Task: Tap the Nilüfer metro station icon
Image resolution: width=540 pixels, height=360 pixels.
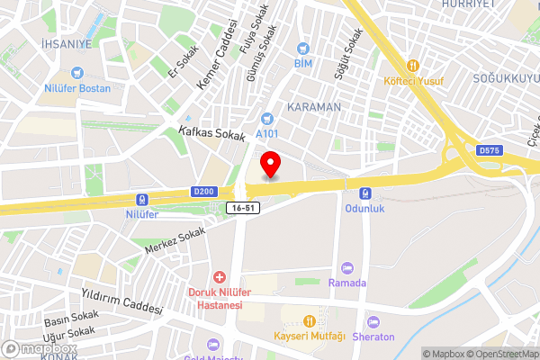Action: pos(140,200)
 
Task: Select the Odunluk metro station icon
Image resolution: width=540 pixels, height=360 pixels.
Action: pos(365,193)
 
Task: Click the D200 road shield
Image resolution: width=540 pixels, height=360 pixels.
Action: pos(203,190)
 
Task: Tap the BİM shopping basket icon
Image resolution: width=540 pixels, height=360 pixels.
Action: pos(303,47)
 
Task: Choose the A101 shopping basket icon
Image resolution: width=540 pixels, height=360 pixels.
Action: pos(266,118)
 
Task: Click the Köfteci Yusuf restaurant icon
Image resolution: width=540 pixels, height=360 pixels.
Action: pos(414,65)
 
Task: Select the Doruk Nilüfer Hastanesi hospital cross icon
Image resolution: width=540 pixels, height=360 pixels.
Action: pos(217,278)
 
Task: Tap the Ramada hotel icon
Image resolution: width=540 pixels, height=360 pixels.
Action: pos(346,267)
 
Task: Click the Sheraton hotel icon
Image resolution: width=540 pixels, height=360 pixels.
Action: pos(373,322)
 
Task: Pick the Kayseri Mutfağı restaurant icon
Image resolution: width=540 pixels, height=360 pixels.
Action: pos(310,320)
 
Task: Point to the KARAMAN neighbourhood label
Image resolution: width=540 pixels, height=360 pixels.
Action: pos(314,106)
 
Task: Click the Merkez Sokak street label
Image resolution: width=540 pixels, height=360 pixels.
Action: pos(175,239)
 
